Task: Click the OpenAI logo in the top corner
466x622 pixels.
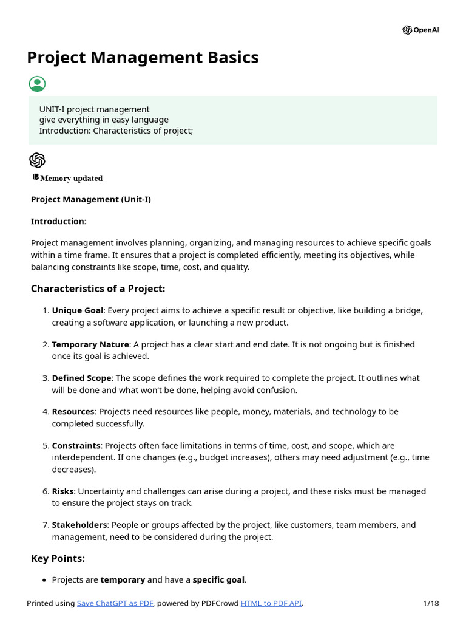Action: pos(420,30)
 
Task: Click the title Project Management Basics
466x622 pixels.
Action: pos(143,58)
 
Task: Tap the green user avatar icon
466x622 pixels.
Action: pos(37,84)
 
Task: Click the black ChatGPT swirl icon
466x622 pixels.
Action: pos(37,160)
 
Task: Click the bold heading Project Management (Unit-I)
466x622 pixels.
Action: pos(91,199)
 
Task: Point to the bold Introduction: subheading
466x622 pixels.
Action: pos(59,221)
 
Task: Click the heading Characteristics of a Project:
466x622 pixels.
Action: pos(98,289)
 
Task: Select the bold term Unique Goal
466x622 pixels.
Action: pos(78,310)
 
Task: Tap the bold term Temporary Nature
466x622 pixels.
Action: pos(90,344)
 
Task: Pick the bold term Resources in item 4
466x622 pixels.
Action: pos(73,411)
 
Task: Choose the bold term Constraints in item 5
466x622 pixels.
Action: pos(76,445)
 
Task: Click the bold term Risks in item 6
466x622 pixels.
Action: pos(62,491)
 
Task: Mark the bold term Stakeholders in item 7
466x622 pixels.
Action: pos(79,525)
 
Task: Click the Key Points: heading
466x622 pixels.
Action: pos(58,558)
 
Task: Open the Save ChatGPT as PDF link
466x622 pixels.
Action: pos(115,603)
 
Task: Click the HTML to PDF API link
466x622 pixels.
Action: pos(271,603)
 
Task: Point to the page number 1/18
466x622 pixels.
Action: pos(431,603)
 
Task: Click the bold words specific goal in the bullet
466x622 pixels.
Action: pos(219,580)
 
